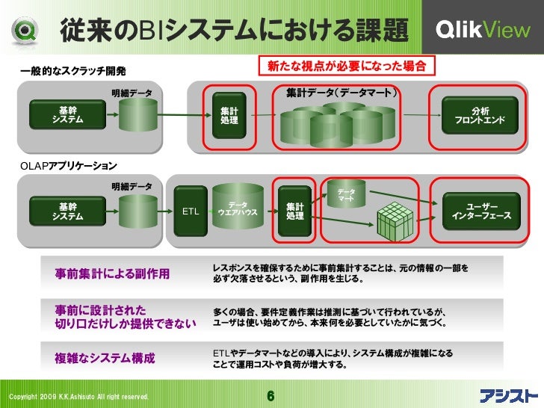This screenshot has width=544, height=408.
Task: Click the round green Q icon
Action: tap(22, 29)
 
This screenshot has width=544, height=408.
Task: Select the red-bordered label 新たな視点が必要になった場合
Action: tap(346, 66)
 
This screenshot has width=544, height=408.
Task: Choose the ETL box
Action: tap(191, 211)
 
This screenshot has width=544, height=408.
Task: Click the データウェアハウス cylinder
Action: tap(238, 208)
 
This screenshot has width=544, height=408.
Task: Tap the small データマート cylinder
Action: tap(345, 196)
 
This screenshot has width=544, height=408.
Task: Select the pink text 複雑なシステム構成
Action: tap(105, 358)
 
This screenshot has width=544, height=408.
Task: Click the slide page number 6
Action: tap(271, 395)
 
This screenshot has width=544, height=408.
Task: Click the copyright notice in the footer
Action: tap(78, 396)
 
